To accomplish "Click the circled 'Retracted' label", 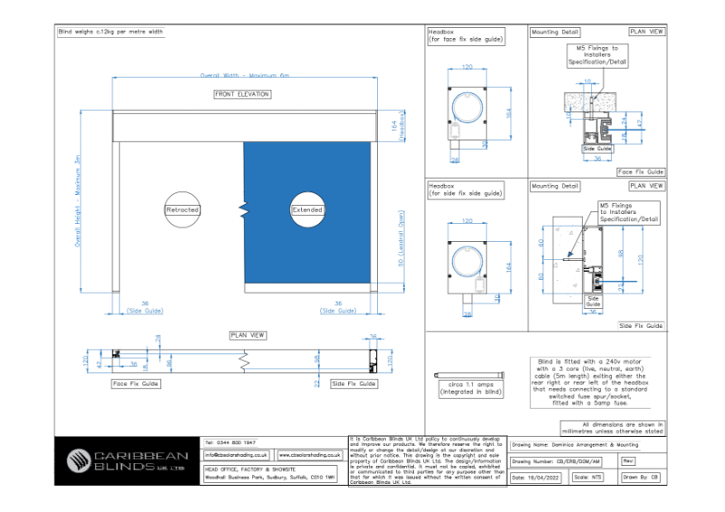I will (x=181, y=209).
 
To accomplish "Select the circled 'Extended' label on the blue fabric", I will (x=306, y=209).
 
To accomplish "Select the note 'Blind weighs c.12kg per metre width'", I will (x=111, y=32).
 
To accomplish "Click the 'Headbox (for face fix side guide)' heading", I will (x=466, y=35).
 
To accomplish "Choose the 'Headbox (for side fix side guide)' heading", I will (x=466, y=189).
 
